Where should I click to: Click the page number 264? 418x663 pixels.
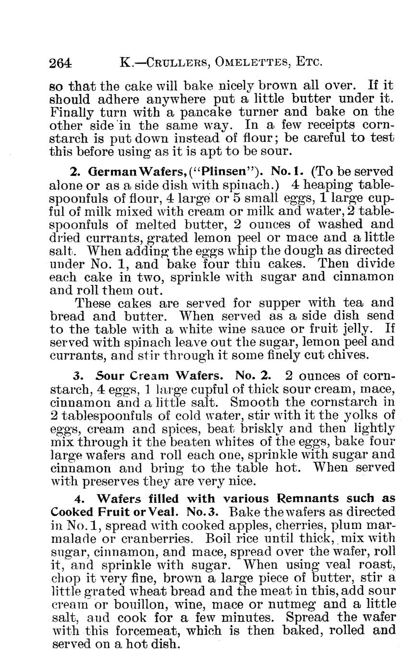pyautogui.click(x=61, y=62)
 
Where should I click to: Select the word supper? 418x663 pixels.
pyautogui.click(x=263, y=304)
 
